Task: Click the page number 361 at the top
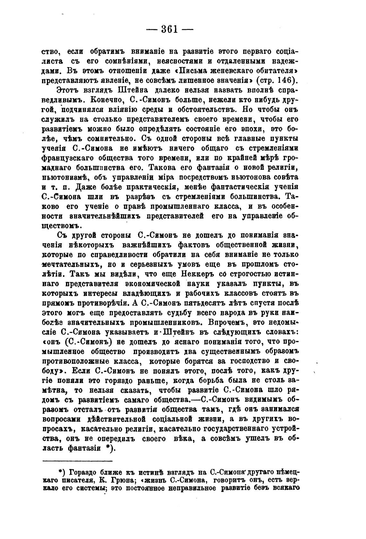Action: (x=169, y=29)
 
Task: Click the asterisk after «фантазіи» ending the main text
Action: (x=109, y=448)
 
